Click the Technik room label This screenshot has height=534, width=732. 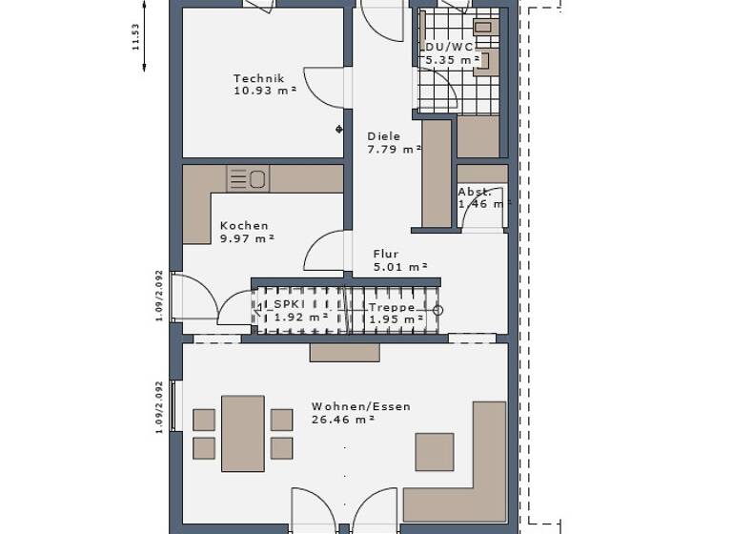(259, 79)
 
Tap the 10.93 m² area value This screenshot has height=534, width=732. (265, 91)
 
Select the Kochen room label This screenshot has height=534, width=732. (244, 226)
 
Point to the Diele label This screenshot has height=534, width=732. (384, 136)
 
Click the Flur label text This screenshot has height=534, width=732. (386, 255)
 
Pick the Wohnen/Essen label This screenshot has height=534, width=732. (361, 406)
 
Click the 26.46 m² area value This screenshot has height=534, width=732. (342, 419)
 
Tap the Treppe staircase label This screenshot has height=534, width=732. (392, 308)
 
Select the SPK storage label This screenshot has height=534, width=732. (289, 304)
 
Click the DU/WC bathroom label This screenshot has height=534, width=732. (449, 47)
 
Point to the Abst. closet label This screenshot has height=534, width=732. (475, 192)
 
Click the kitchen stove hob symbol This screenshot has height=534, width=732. (248, 178)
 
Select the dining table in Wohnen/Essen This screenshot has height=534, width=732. (243, 434)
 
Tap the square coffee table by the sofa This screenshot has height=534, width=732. (435, 452)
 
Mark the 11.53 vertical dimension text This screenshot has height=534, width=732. (136, 36)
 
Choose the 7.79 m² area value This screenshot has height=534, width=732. (395, 149)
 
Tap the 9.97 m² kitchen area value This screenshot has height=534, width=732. (247, 238)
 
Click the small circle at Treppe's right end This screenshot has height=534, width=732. (438, 310)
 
